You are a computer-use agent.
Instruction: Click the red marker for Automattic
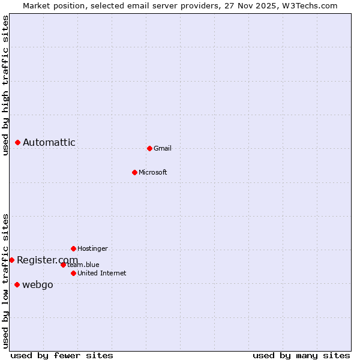coord(17,142)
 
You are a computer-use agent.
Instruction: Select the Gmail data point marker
coord(149,148)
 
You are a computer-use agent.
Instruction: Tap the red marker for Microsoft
coord(134,172)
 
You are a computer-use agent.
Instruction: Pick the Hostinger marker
coord(73,248)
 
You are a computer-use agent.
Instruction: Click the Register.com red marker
coord(11,260)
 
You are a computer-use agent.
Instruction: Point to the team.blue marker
coord(63,265)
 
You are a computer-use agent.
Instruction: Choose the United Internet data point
coord(73,273)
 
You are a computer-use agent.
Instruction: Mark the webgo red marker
coord(17,284)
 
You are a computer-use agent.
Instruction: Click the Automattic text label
coord(49,142)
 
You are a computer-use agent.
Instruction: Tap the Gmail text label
coord(163,148)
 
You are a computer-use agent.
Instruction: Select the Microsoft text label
coord(153,172)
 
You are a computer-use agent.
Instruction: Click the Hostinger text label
coord(92,248)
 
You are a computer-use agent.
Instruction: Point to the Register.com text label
coord(47,260)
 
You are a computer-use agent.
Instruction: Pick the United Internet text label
coord(101,273)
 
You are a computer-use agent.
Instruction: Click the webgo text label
coord(38,284)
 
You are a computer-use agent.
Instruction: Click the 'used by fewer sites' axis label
coord(62,355)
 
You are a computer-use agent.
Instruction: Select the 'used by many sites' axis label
coord(301,355)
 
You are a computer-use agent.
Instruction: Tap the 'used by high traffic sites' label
coord(5,85)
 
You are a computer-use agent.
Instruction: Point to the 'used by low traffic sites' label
coord(5,281)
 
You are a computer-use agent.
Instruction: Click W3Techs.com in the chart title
coord(310,5)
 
